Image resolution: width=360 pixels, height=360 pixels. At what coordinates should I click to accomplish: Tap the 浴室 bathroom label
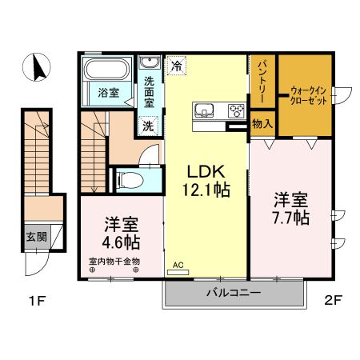click(x=109, y=93)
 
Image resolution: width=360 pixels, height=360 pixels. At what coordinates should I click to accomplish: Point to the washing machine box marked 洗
click(x=148, y=125)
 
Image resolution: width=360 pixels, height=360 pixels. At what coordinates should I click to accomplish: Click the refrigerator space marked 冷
click(x=175, y=66)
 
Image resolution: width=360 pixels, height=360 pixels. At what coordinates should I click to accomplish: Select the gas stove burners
click(x=236, y=110)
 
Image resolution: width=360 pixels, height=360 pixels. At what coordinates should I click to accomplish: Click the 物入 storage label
click(x=262, y=124)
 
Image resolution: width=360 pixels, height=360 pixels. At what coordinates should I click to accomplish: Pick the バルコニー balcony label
click(x=234, y=294)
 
